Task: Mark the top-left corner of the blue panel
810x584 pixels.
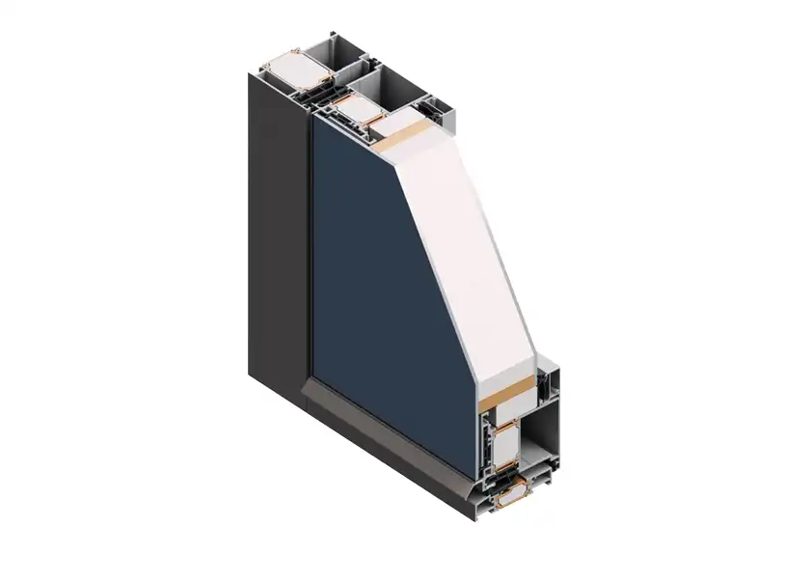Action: [312, 121]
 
